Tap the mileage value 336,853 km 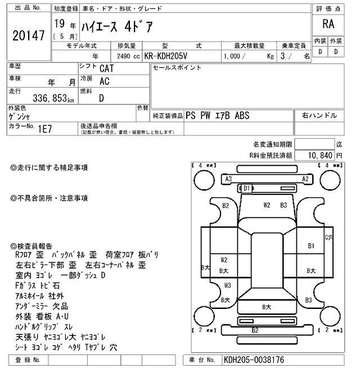[x=42, y=99]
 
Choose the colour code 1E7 [x=45, y=129]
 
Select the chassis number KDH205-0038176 [x=253, y=360]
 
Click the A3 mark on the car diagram [x=229, y=179]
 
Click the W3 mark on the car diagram [x=227, y=285]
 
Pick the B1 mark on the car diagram [x=310, y=245]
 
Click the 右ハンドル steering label [x=319, y=115]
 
